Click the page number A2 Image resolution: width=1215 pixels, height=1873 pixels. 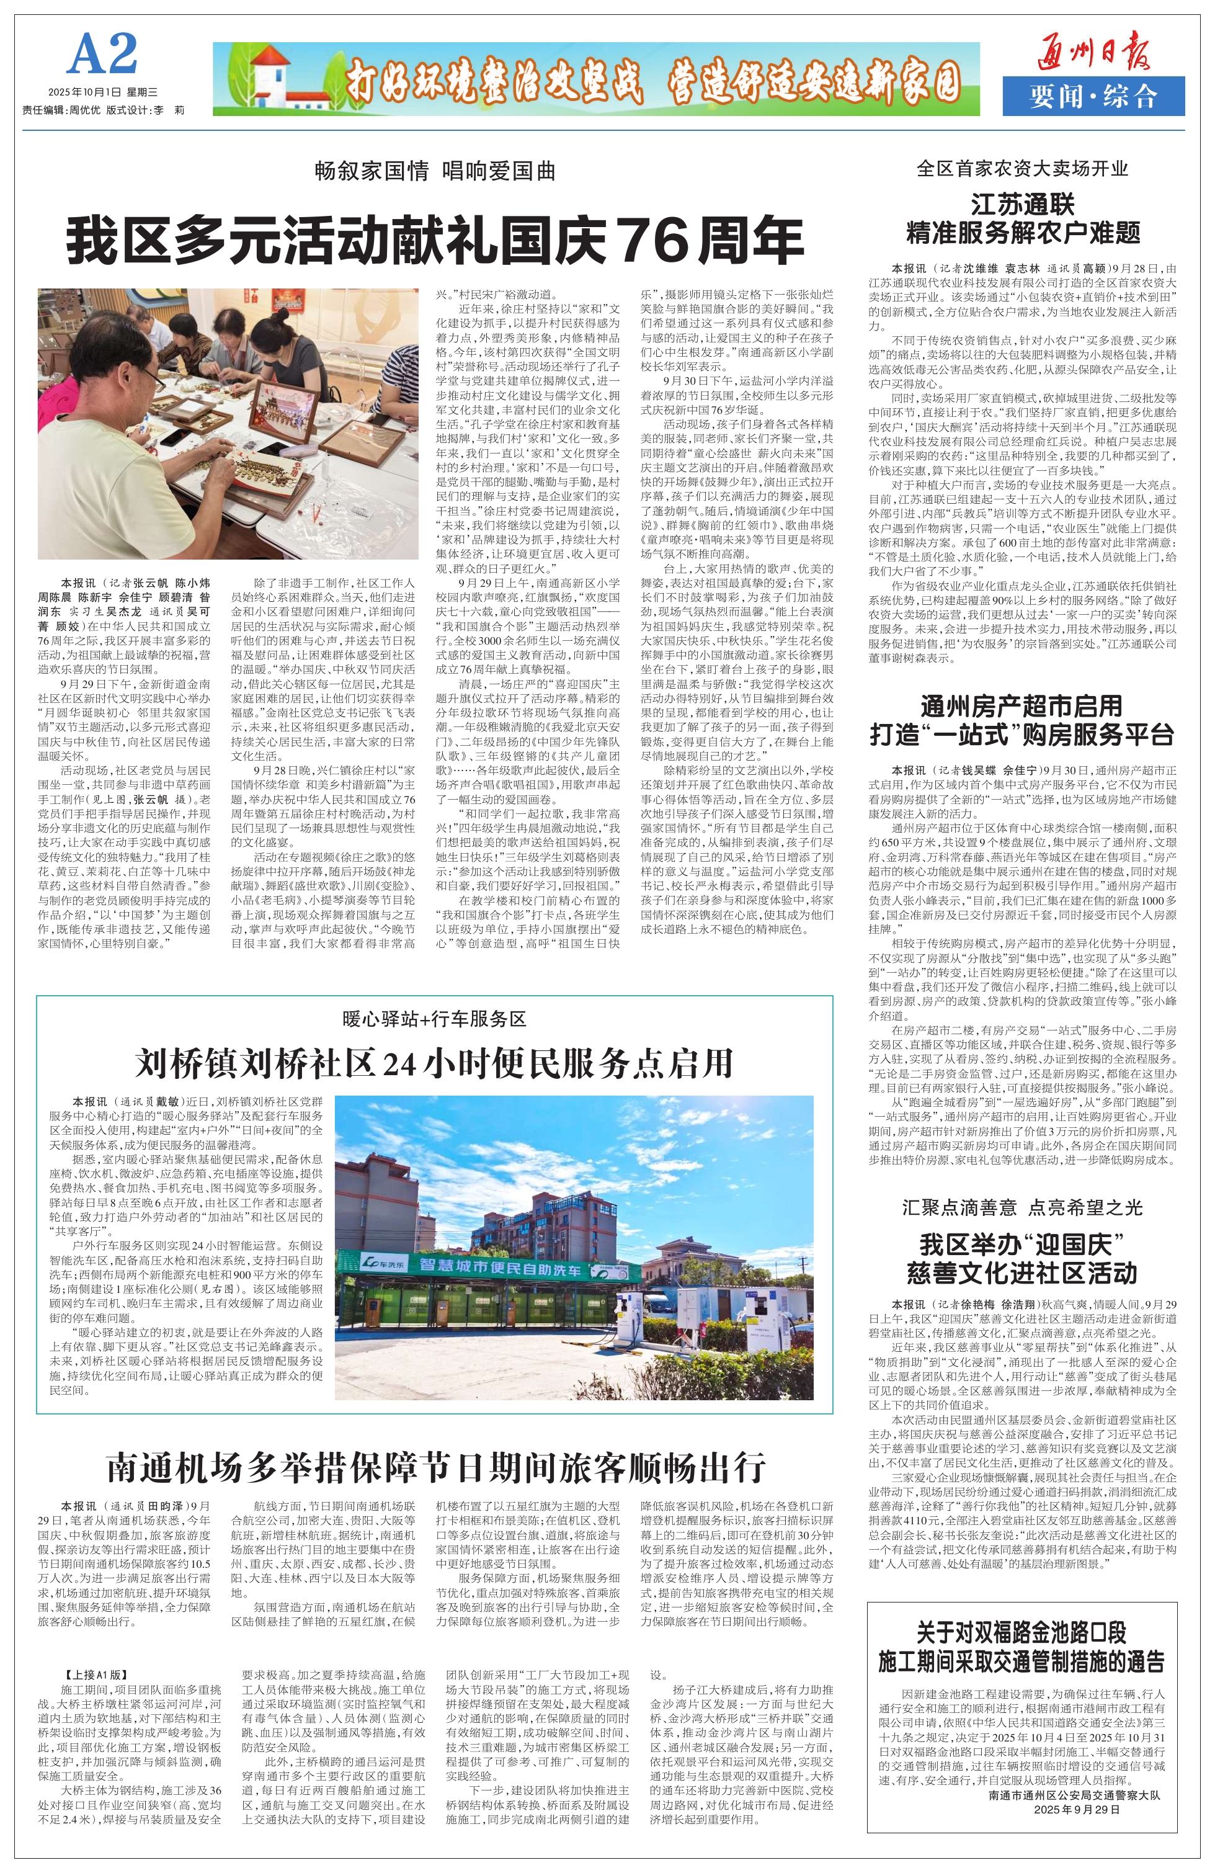click(x=103, y=55)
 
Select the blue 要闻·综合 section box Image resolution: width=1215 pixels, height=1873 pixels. click(x=1093, y=97)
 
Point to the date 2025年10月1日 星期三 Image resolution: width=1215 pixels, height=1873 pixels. click(x=103, y=93)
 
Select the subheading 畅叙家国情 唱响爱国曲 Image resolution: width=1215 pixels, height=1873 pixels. click(x=435, y=171)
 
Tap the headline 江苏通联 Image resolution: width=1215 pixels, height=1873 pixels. click(x=1022, y=205)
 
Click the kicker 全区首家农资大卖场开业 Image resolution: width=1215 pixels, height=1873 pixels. click(x=1022, y=168)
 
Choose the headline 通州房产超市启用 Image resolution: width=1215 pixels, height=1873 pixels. click(x=1021, y=706)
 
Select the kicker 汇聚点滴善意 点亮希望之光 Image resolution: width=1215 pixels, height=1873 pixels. click(x=1022, y=1208)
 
